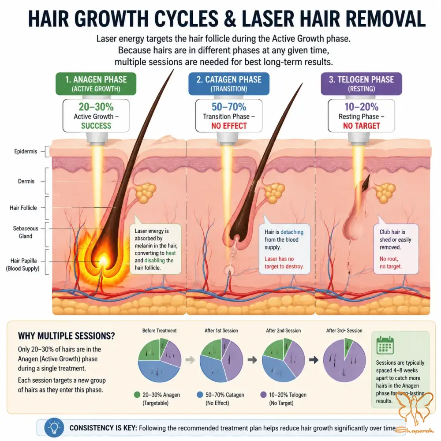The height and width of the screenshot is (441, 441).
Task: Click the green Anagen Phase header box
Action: (x=96, y=84)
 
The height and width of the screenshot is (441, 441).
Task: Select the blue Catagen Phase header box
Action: (x=229, y=84)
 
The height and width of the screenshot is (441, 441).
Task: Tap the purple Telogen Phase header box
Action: (x=362, y=84)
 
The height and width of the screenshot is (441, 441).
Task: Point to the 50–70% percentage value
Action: (x=229, y=107)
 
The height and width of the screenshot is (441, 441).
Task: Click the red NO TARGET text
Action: (x=362, y=126)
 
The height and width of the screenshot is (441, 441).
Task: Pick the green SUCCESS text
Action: (x=96, y=126)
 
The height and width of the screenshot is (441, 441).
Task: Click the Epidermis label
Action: (x=26, y=151)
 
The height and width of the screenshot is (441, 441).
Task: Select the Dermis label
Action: (x=26, y=181)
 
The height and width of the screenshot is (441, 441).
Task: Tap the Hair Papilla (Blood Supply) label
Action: (x=23, y=265)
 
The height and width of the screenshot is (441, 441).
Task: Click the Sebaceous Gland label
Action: (x=26, y=232)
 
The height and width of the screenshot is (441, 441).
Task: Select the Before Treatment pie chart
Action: (x=160, y=360)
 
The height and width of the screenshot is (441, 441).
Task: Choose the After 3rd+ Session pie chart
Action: (x=344, y=360)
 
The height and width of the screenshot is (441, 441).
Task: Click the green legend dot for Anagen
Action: (x=137, y=395)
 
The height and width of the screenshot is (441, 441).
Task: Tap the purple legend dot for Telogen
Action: (x=263, y=395)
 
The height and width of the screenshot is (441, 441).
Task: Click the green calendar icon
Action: (x=385, y=345)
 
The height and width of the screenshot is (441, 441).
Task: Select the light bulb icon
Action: (x=54, y=428)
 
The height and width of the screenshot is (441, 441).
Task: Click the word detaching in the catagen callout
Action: (x=292, y=232)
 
